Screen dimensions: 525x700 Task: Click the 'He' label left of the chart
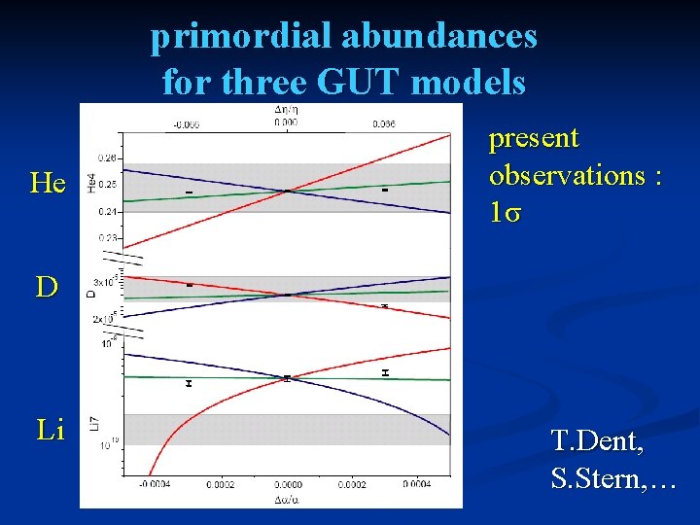(x=48, y=184)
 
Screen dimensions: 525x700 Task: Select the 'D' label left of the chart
(x=46, y=287)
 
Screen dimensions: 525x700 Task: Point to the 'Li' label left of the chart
(x=50, y=430)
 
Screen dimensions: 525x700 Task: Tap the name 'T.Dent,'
(x=596, y=442)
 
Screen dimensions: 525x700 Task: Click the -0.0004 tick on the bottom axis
(x=156, y=483)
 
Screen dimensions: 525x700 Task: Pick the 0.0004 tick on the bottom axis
(x=416, y=483)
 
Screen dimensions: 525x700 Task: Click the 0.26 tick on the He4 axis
(x=108, y=157)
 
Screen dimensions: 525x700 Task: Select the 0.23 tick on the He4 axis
(x=108, y=237)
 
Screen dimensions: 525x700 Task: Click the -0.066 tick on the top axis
(x=187, y=123)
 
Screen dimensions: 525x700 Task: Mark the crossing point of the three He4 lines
(x=287, y=191)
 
